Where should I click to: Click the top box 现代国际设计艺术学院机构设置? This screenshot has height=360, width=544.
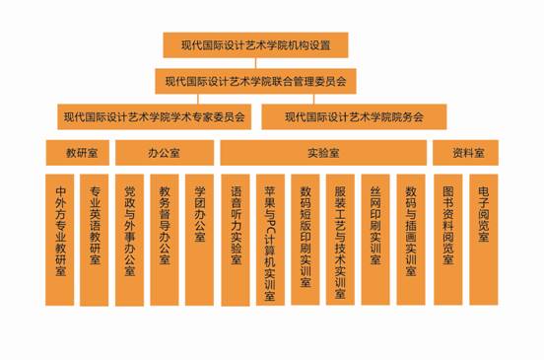255,45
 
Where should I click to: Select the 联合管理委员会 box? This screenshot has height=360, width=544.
255,81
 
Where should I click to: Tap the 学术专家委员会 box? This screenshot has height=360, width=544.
155,117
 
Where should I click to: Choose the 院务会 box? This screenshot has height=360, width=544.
354,117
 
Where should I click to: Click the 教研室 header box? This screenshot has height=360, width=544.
78,153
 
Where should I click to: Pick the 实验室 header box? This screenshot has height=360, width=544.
323,153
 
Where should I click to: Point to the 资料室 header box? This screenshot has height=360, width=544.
465,153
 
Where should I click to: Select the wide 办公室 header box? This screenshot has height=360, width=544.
165,153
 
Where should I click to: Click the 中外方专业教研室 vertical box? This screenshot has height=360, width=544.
60,240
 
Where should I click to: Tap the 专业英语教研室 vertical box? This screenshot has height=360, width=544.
95,240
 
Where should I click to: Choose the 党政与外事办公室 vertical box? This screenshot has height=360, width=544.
129,240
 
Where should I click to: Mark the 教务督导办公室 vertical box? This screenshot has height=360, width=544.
165,240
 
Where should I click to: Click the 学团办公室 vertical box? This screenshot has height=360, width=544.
199,240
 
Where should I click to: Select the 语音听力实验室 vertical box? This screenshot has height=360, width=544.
236,240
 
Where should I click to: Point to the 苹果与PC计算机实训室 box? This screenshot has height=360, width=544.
270,240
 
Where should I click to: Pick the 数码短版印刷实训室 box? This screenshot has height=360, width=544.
306,240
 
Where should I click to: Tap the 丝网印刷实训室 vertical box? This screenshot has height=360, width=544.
375,240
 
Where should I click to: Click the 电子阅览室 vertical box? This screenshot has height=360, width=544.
484,240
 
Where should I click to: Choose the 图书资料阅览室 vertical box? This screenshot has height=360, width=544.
447,240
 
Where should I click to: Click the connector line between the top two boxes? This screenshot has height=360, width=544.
255,63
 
